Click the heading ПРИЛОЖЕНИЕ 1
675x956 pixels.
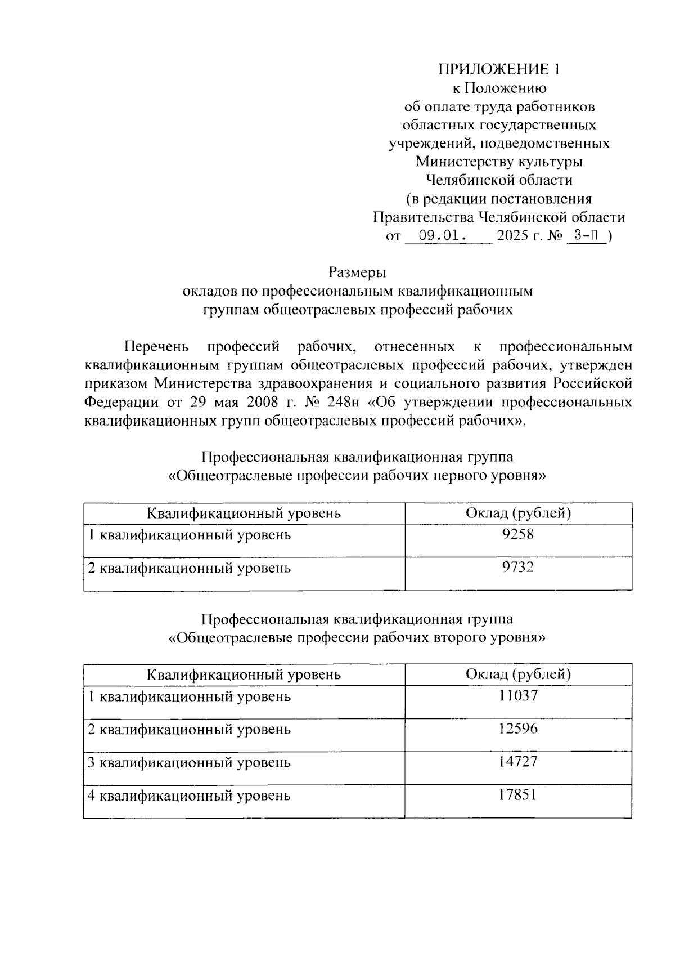click(499, 69)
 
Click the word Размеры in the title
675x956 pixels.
click(358, 273)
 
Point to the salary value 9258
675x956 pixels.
click(518, 534)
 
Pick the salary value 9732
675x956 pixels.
click(518, 567)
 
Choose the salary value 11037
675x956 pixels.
click(518, 696)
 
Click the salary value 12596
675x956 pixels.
click(518, 729)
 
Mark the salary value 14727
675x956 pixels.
click(518, 762)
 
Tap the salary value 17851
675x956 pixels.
click(518, 795)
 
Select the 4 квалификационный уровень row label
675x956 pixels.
click(190, 796)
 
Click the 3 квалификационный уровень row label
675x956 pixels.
click(190, 763)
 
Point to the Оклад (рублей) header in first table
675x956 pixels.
click(518, 513)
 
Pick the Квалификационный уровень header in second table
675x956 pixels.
click(244, 674)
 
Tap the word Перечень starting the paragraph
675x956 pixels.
click(156, 346)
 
